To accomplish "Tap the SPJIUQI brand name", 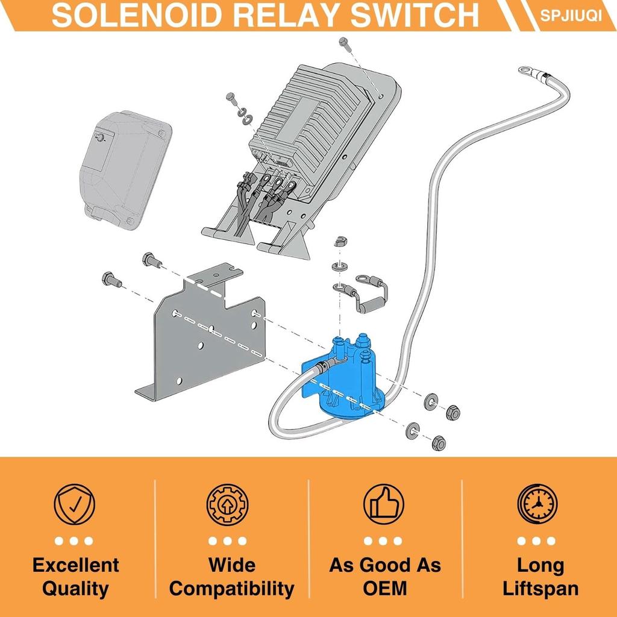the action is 571,15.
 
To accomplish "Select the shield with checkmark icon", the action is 74,504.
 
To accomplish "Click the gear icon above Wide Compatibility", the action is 227,504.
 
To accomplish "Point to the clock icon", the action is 537,504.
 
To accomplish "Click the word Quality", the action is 75,589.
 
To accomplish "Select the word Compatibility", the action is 232,589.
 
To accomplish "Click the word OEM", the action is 384,588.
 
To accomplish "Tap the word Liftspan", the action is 540,589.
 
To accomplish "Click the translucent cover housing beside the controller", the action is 125,170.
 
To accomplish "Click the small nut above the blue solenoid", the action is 340,241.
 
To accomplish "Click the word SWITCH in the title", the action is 415,15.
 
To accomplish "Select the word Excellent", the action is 75,565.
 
